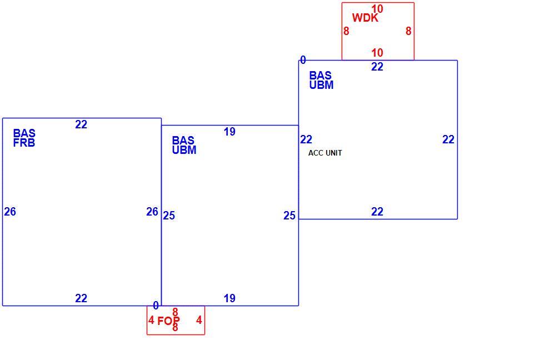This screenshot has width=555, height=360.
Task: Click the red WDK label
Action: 366,18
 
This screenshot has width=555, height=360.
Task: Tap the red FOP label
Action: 168,321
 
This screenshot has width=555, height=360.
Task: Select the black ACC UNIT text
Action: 325,153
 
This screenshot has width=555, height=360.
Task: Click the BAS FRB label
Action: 24,138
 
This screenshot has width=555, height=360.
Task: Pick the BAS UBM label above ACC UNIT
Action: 322,81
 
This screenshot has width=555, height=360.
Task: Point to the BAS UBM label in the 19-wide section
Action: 184,145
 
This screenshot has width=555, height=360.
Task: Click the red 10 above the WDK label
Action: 377,8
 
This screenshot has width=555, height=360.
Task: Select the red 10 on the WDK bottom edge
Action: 377,53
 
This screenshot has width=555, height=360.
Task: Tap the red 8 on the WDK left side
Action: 346,31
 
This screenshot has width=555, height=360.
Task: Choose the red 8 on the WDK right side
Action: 408,31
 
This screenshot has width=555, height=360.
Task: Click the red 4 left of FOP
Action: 151,320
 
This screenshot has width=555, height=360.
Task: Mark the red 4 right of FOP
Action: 199,320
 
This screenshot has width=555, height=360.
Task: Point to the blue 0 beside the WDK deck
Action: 303,60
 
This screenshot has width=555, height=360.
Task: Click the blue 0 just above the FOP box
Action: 156,305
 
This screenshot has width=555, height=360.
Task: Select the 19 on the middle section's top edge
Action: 229,132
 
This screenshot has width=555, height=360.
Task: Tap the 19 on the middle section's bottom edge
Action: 229,298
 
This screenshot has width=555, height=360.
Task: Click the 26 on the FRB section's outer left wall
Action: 10,212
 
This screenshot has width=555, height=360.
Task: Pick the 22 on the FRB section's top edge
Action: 81,124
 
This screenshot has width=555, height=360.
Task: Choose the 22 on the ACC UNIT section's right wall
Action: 448,139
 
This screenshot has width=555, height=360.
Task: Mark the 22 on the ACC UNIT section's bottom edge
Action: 377,212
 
